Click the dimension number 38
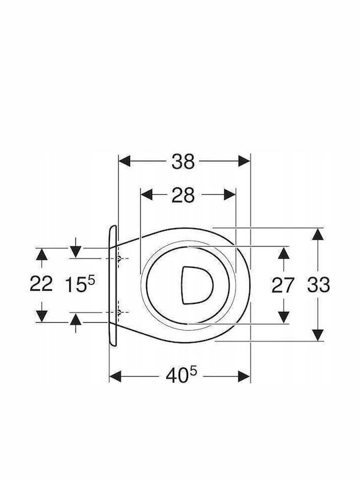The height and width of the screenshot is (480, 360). pos(183,161)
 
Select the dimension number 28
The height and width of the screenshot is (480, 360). pos(183,195)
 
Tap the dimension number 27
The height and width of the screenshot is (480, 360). pos(283,285)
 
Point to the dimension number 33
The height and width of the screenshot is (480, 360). pos(319,285)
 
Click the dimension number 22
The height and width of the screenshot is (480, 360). pos(41,284)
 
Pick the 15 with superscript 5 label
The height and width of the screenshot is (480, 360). pos(80,284)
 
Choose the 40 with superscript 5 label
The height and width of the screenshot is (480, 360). pos(181,375)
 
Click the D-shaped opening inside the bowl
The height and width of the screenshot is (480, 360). pos(197,285)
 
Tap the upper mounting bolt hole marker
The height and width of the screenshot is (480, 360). pos(119,259)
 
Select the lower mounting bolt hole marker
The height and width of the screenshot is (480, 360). pos(119,313)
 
